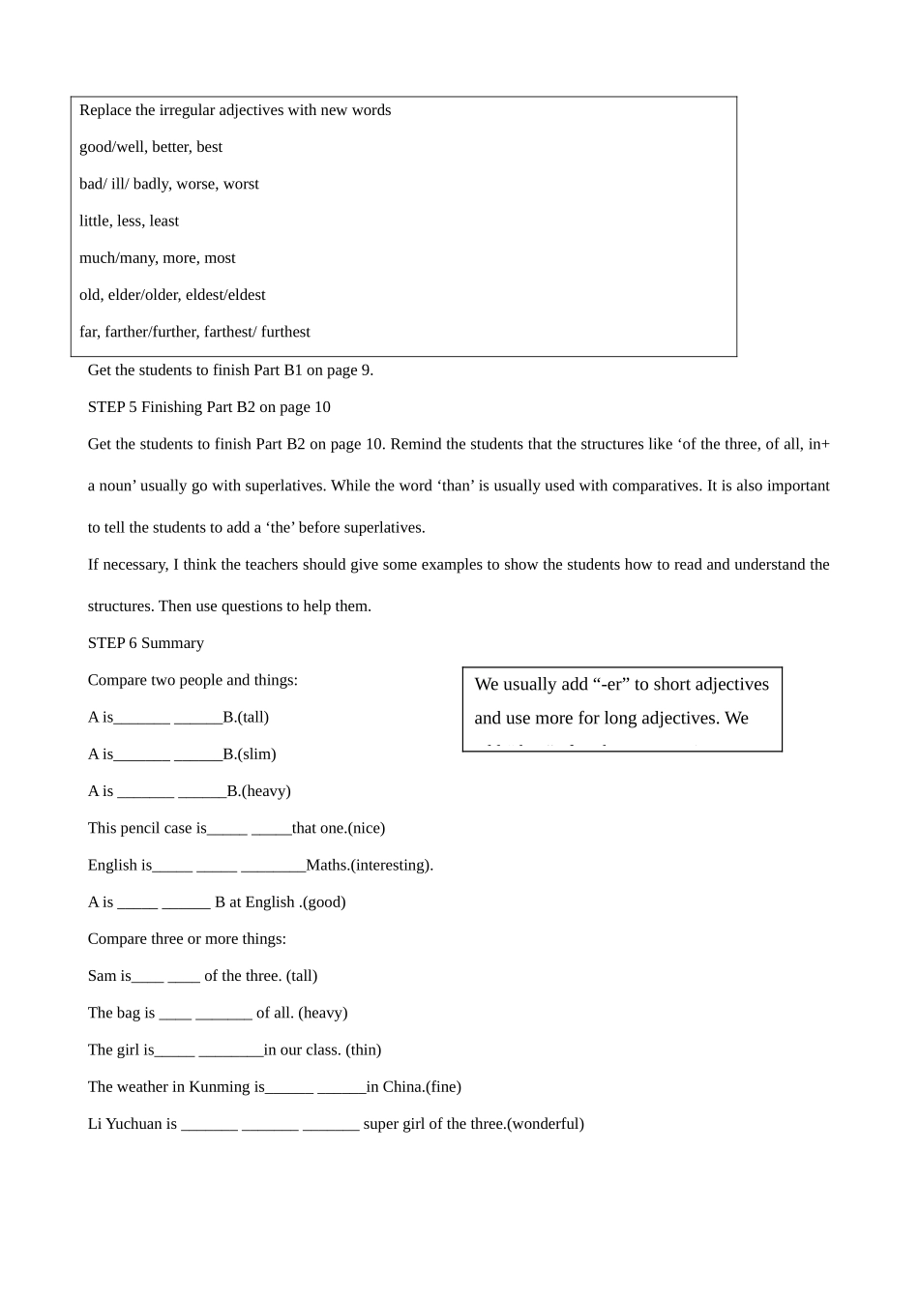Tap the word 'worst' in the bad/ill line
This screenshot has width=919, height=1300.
coord(241,184)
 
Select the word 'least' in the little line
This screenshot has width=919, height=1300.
coord(163,221)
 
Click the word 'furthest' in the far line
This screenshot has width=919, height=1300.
coord(285,332)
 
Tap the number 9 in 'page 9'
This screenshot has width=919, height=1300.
coord(365,369)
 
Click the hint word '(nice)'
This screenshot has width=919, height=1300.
coord(367,828)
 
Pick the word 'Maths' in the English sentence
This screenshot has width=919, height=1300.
coord(326,865)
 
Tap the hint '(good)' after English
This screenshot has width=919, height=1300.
coord(324,902)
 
